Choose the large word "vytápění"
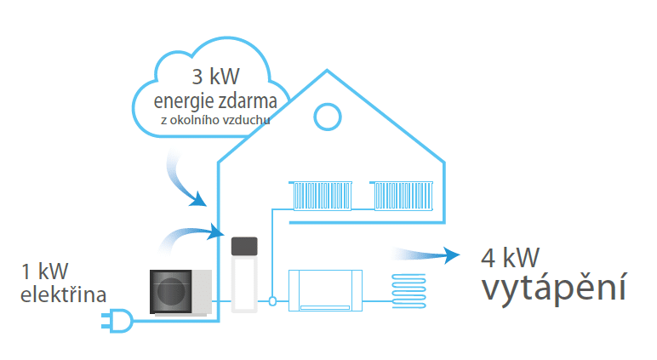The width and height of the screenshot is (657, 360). [554, 289]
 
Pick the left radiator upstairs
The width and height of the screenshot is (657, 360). [322, 195]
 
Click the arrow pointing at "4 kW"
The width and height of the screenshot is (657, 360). [426, 254]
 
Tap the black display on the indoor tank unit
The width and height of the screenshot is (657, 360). [244, 247]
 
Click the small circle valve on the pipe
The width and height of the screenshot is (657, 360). [271, 300]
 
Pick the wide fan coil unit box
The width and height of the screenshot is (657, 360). [326, 289]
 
